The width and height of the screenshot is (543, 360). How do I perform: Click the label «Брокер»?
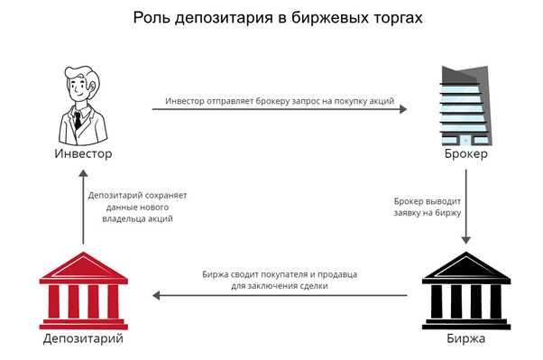(x=465, y=155)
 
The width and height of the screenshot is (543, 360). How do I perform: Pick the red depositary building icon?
(x=82, y=290)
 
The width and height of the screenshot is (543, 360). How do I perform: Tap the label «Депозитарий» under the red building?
(x=82, y=339)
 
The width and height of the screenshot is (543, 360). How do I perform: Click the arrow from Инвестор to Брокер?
(x=280, y=109)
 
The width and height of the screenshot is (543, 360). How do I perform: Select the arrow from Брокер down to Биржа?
(x=465, y=208)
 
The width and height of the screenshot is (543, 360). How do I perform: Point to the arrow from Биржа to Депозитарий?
(x=280, y=295)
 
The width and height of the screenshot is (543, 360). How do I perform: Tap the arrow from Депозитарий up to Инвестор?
(x=82, y=208)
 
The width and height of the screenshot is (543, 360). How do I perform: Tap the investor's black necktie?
(x=79, y=119)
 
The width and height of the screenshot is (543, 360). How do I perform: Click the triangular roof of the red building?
(x=82, y=265)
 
